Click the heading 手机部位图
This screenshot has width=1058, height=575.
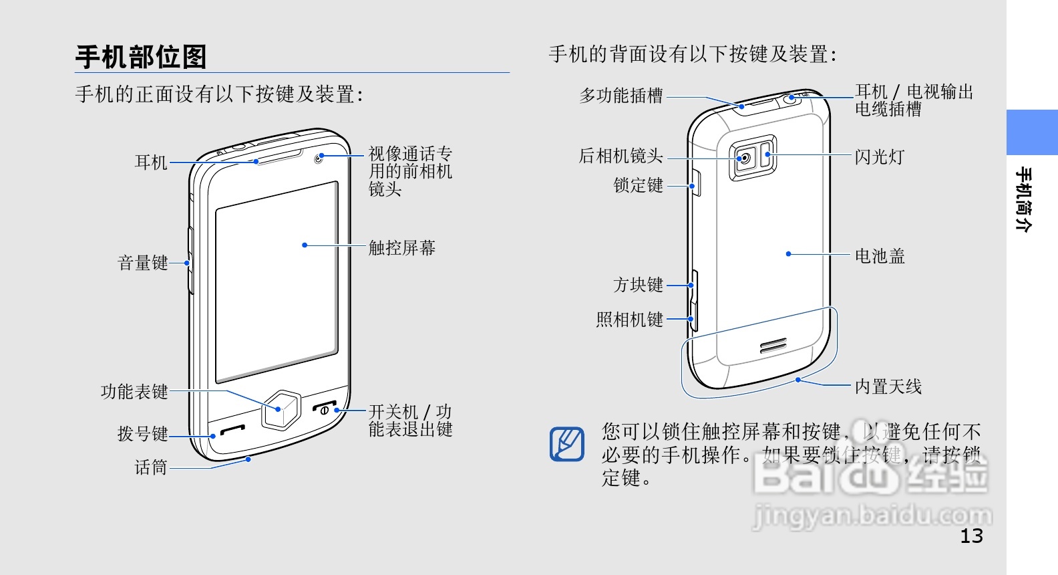coord(141,57)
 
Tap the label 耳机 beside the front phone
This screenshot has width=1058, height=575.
coord(151,162)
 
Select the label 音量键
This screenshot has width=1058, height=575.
coord(142,263)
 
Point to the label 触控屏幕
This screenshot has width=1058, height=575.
coord(402,248)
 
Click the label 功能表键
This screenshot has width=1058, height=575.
coord(134,392)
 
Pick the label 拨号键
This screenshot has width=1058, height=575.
coord(142,434)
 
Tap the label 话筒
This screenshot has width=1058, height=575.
coord(151,467)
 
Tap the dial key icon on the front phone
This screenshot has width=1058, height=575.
coord(232,430)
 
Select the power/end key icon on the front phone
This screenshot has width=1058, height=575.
coord(325,408)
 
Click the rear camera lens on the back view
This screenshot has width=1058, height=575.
coord(745,158)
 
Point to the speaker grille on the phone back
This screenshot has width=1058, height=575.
coord(774,346)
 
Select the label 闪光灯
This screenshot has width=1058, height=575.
coord(880,157)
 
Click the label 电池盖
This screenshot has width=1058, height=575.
coord(880,256)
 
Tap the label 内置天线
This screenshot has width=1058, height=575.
coord(888,386)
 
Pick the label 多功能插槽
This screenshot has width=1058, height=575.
coord(621,96)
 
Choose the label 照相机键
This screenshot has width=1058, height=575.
coord(629,320)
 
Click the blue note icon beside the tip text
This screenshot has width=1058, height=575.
coord(566,444)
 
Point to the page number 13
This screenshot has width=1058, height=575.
coord(971,536)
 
